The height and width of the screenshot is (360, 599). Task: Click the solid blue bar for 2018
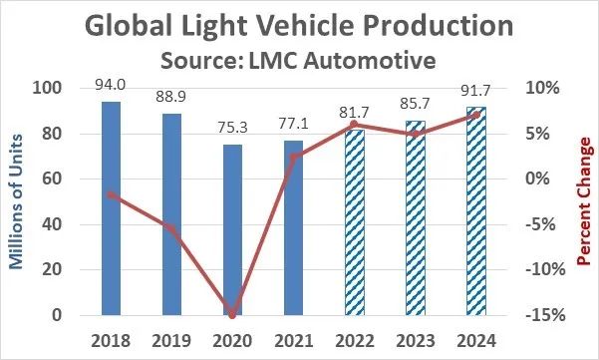tap(111, 208)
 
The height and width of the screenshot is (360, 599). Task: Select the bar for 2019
tap(171, 214)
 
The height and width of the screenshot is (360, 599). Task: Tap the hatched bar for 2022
tap(355, 222)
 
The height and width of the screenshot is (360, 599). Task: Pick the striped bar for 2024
tap(476, 211)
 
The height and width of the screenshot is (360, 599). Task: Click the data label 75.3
tap(232, 128)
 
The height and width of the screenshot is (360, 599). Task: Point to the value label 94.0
tap(110, 85)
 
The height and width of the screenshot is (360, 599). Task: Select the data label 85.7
tap(415, 104)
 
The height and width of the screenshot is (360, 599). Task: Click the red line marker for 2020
tap(232, 315)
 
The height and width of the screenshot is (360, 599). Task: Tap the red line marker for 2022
tap(354, 125)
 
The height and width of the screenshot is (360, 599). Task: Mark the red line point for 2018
tap(111, 195)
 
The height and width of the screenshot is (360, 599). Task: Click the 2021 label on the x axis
tap(293, 340)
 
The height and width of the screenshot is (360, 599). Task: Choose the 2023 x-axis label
tap(416, 340)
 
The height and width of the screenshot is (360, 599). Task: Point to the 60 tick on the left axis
tap(52, 179)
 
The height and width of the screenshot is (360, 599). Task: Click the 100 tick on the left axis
tap(47, 88)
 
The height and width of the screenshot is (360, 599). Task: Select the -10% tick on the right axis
tap(545, 269)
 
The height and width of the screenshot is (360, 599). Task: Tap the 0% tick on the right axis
tap(537, 179)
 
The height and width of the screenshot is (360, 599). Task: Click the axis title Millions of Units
tap(15, 201)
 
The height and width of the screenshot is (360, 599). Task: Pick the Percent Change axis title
tap(583, 201)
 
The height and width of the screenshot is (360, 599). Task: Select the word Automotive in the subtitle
tap(370, 61)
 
